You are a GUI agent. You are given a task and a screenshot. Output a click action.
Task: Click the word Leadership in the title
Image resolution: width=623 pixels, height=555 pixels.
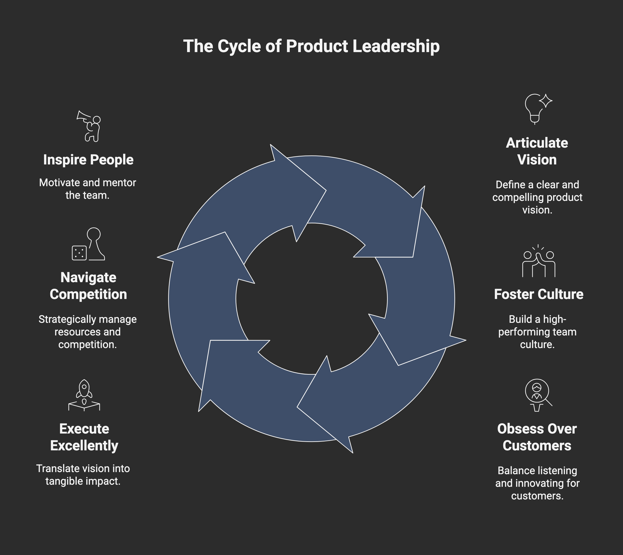pos(396,46)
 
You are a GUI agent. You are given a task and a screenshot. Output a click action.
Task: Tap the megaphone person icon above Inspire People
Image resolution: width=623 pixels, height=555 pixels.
pos(89,126)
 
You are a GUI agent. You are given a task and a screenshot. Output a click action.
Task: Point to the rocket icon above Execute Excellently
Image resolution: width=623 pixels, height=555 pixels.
pos(84,395)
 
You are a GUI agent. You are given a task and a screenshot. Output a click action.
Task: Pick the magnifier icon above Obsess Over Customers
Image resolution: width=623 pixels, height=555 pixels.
pos(538,394)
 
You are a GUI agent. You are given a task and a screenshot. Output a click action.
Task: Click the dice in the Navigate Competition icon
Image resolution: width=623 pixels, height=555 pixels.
pos(79,253)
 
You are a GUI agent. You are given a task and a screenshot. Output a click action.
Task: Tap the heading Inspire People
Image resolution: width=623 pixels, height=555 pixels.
pos(88,160)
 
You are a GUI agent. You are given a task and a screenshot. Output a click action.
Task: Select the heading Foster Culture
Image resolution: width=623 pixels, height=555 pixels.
pos(538,294)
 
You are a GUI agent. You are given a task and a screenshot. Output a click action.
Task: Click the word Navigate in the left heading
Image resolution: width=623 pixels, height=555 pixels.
pos(88,277)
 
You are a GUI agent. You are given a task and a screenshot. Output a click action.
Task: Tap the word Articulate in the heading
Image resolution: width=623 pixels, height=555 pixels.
pos(537,143)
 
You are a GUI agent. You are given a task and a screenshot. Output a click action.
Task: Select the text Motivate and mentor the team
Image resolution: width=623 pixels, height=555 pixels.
pos(88,189)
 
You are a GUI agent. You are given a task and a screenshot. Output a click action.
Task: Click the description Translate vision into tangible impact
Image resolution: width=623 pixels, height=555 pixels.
pos(83,475)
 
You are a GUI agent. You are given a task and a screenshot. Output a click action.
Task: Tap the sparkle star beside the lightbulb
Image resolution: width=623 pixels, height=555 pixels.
pos(546,101)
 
